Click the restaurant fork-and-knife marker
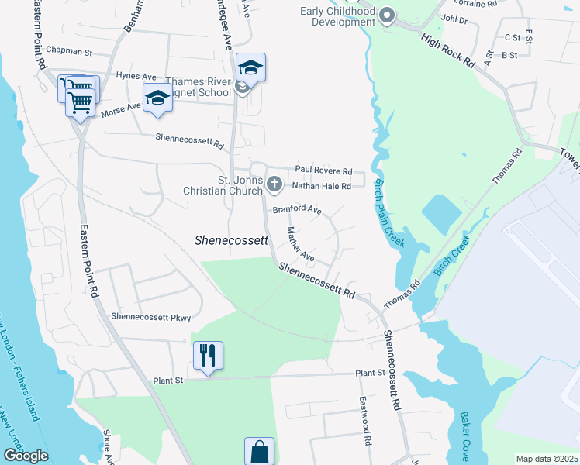[208, 355]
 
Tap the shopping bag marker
[259, 450]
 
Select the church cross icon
[273, 184]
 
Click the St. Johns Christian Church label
[223, 185]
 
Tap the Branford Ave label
[296, 210]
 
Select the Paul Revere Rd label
[323, 171]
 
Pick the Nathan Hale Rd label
[322, 186]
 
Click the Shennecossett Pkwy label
[150, 317]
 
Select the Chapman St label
[69, 52]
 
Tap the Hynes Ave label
[136, 76]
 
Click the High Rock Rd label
[447, 50]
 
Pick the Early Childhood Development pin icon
[387, 15]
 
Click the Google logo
[26, 456]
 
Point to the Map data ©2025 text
[547, 459]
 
